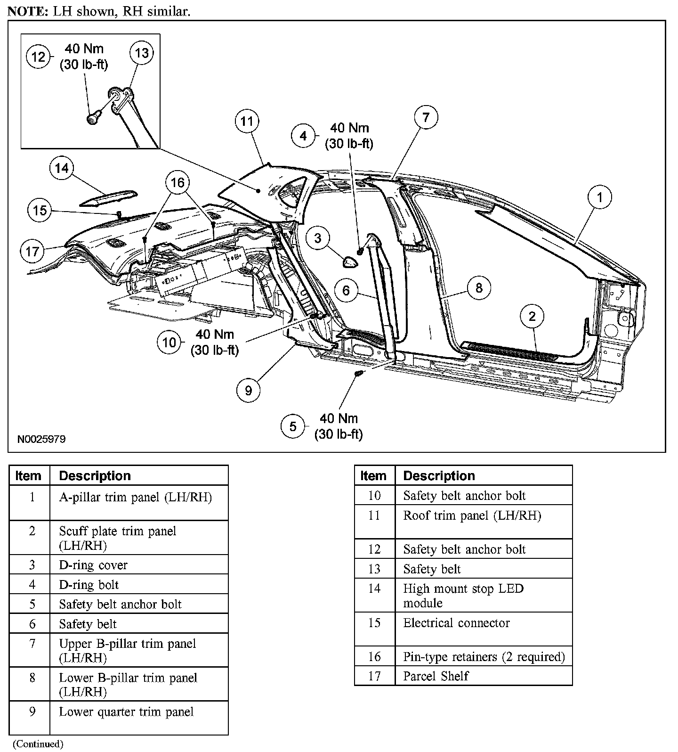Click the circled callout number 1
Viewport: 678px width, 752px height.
coord(599,197)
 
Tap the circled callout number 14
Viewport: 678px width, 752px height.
coord(62,169)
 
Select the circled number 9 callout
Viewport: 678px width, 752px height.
coord(249,390)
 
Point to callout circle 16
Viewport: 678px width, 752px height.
coord(178,182)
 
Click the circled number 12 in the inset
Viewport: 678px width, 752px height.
coord(38,57)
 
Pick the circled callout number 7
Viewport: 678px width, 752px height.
coord(426,117)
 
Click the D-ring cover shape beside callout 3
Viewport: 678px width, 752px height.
coord(350,262)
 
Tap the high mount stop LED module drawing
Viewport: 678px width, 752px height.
coord(109,198)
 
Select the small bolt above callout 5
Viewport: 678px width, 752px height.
coord(359,373)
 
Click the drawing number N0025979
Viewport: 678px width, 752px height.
coord(41,439)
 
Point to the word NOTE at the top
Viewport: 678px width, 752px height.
coord(25,12)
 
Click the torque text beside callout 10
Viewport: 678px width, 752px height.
coord(215,342)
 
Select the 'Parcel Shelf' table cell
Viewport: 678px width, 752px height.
coord(436,676)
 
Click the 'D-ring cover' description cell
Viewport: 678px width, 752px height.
coord(93,565)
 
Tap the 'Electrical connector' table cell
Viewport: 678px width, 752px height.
coord(456,623)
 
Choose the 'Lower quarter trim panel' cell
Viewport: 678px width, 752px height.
coord(126,711)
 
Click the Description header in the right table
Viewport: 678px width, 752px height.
coord(439,475)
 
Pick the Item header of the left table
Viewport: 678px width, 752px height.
coord(28,475)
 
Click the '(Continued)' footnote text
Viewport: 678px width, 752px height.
coord(38,744)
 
